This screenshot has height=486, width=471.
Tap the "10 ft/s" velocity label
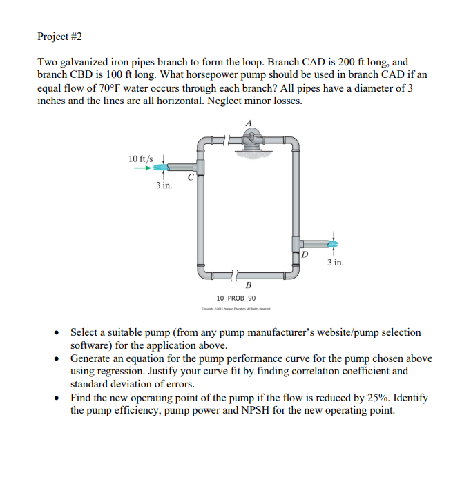click(x=142, y=159)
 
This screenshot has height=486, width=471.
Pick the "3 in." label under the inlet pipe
click(x=163, y=185)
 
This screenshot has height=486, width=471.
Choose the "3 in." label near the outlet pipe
click(x=335, y=263)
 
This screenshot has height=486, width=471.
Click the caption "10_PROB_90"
click(x=236, y=298)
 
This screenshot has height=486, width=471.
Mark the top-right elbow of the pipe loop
click(x=293, y=143)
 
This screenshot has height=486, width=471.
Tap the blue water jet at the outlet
click(x=333, y=244)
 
